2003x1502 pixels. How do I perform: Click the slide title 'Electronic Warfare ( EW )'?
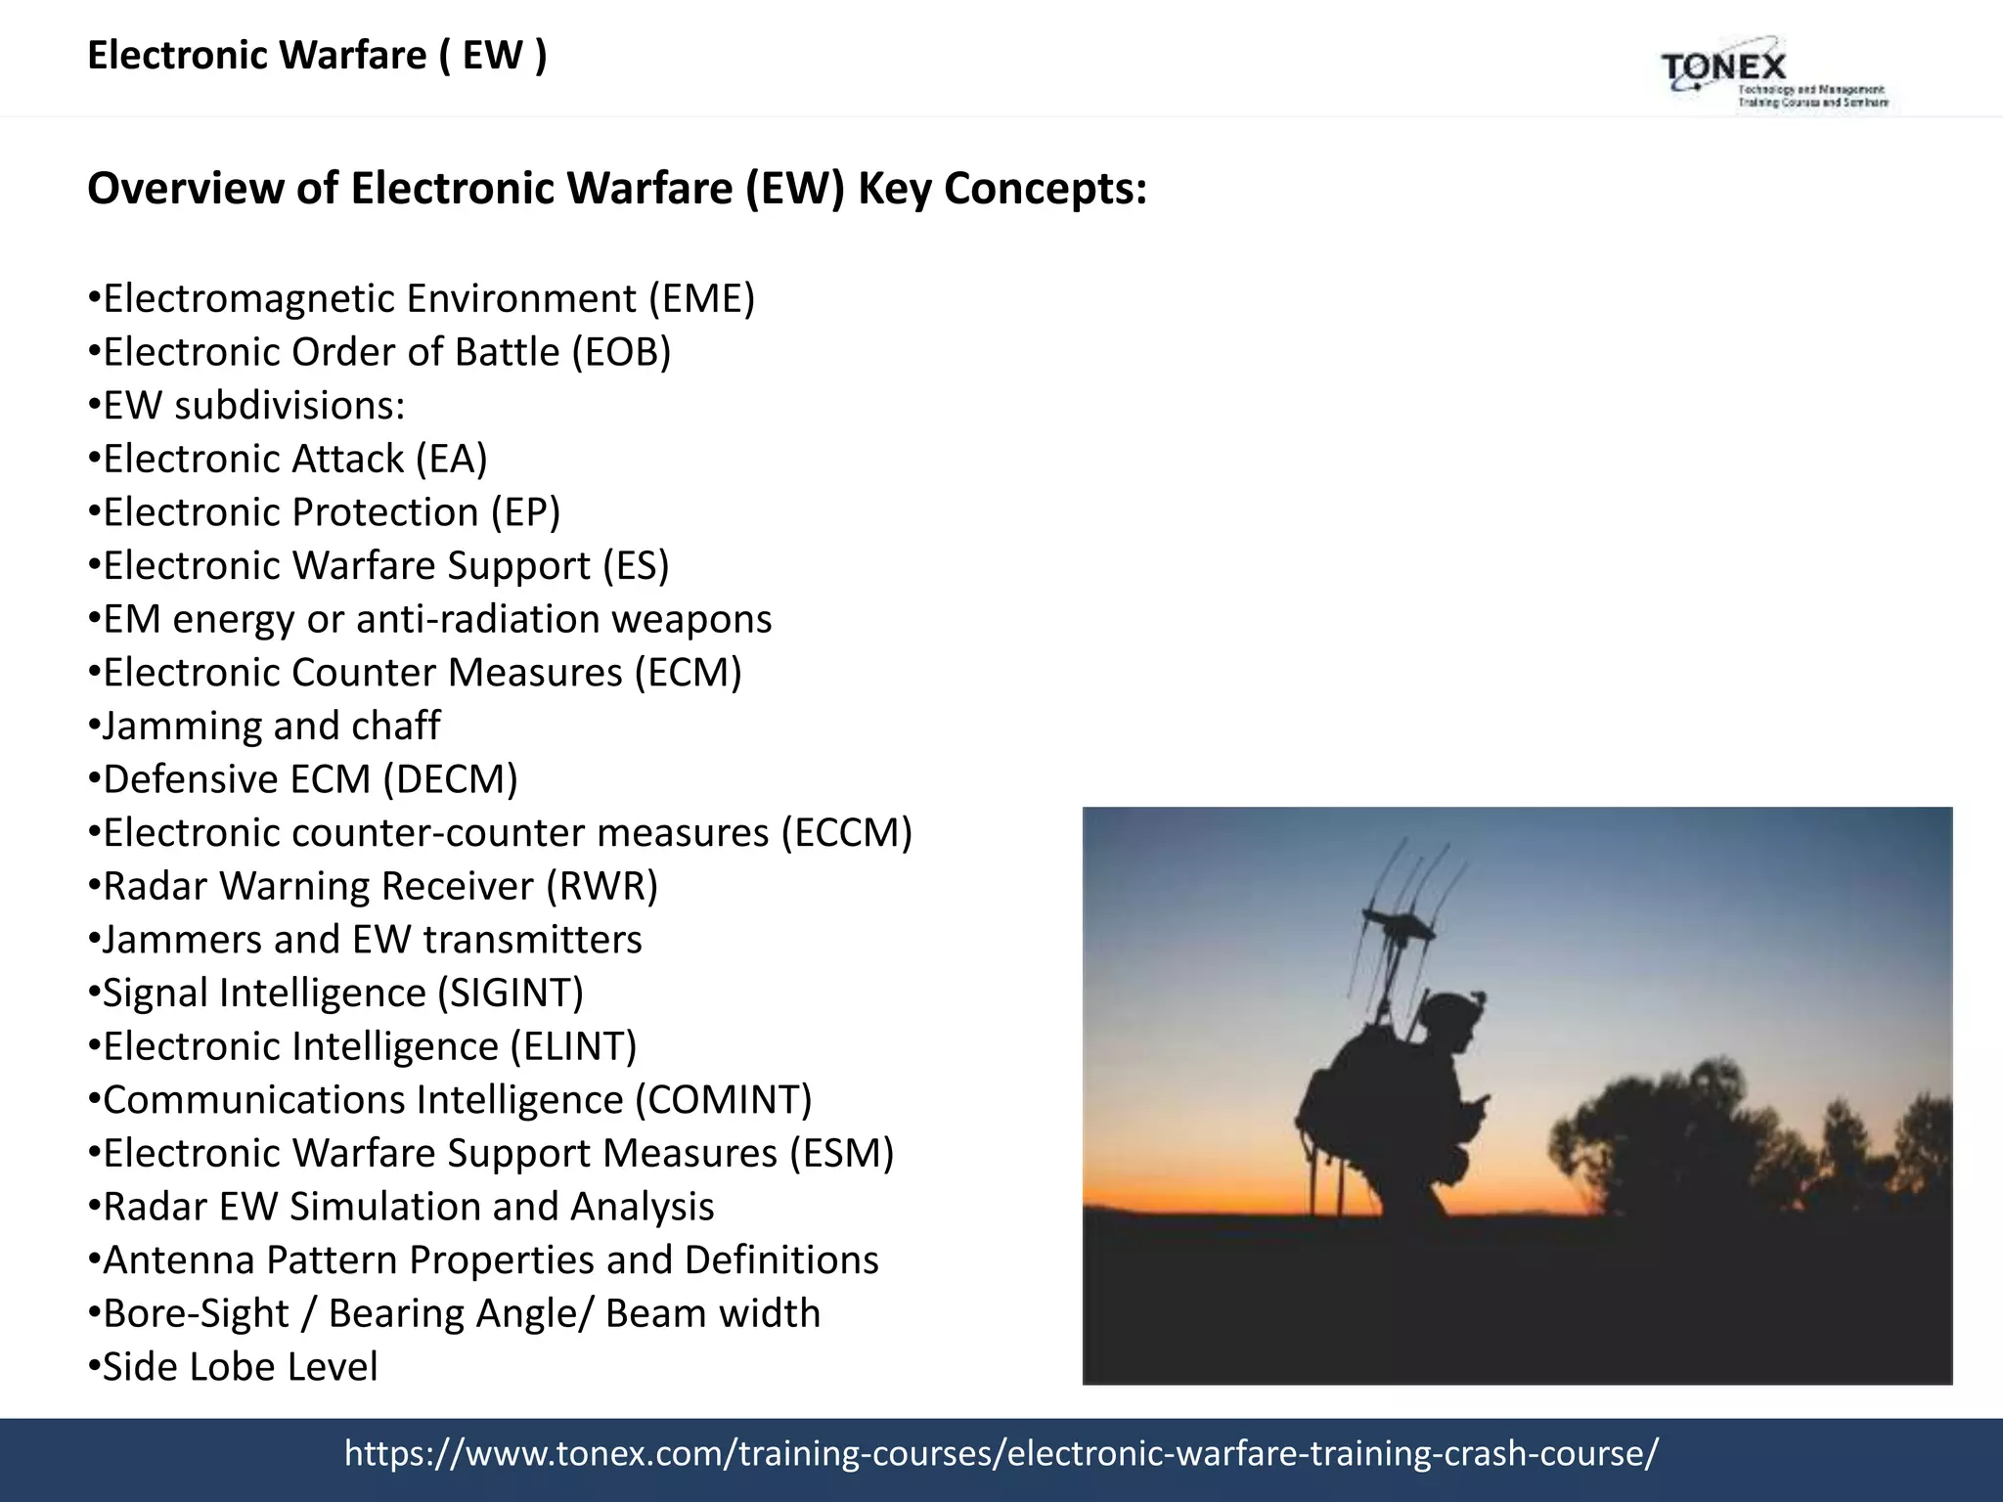317,56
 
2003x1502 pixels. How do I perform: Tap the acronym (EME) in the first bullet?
702,299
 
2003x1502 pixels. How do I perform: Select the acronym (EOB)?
621,353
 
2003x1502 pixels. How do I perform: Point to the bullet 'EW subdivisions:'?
253,406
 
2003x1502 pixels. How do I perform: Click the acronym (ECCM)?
846,833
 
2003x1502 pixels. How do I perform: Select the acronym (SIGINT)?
510,994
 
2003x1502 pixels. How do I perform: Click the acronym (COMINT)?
723,1100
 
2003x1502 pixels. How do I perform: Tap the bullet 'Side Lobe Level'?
240,1367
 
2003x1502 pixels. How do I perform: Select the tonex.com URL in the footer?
1001,1454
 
